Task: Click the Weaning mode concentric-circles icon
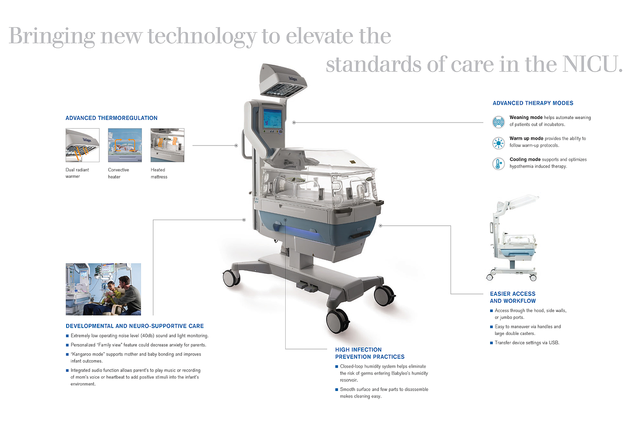coord(498,122)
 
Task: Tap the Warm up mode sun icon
coord(498,143)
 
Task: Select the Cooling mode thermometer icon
coord(498,164)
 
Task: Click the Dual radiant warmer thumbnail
coord(82,145)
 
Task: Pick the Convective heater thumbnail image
coord(125,145)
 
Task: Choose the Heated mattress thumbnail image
coord(167,145)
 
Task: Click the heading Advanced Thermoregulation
coord(111,118)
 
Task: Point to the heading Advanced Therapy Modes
coord(533,103)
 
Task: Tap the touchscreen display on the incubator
coord(272,119)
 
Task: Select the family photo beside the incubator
coord(103,289)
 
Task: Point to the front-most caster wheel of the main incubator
coord(338,321)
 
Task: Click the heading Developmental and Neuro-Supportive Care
coord(135,326)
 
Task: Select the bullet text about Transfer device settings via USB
coord(527,343)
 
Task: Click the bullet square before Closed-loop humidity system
coord(337,367)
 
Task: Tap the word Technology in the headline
coord(202,36)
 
